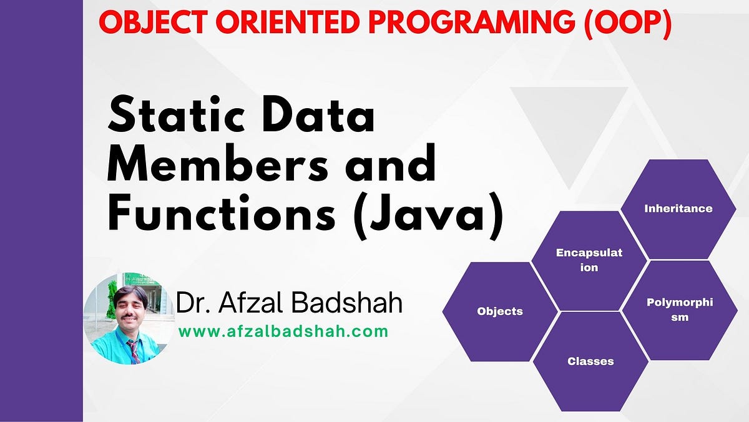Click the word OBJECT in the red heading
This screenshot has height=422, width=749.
click(x=153, y=22)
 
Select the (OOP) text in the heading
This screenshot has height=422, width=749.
click(x=628, y=24)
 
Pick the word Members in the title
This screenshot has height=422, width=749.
click(x=218, y=164)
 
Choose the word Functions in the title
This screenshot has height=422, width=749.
click(x=221, y=213)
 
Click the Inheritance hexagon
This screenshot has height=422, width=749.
click(x=678, y=209)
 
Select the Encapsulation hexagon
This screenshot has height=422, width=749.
click(x=589, y=261)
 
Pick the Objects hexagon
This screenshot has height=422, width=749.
click(x=500, y=311)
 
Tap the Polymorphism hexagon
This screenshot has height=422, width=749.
click(x=680, y=310)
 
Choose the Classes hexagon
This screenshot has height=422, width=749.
click(x=590, y=361)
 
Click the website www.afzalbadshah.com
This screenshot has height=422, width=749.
click(x=283, y=331)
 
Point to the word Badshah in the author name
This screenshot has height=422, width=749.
click(x=347, y=303)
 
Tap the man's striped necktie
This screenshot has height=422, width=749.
click(x=134, y=351)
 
